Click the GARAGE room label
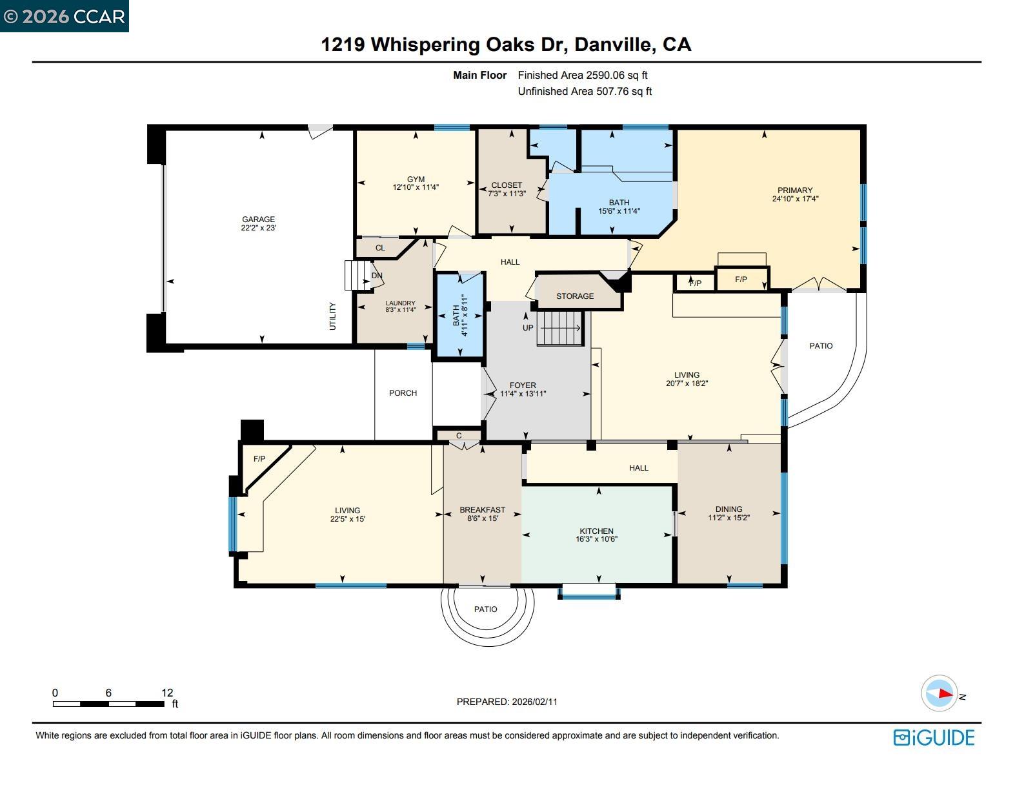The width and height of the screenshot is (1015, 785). pos(258,219)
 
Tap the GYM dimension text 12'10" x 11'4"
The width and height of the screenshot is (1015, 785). pos(416,188)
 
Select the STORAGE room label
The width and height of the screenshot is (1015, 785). pos(574,296)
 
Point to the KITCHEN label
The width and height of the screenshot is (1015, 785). pos(596,531)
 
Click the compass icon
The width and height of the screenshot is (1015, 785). pos(939,694)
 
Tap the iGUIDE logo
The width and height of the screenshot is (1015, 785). pos(934,738)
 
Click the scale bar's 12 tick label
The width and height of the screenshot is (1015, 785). pos(167,693)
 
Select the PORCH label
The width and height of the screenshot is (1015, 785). pos(403,393)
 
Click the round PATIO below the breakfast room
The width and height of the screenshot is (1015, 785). pos(486,609)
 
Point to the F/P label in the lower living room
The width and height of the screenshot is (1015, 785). pos(259,459)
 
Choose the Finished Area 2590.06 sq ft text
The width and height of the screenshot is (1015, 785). pos(583,76)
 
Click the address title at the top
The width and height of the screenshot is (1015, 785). pos(507,45)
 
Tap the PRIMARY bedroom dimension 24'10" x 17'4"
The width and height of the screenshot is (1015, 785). pos(795,199)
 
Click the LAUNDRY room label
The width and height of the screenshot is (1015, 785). pos(400,303)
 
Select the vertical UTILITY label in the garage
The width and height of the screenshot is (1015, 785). pos(333,316)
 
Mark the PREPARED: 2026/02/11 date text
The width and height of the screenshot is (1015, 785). pos(507,702)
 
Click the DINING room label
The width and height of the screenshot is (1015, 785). pos(729,509)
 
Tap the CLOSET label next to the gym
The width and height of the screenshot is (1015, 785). pos(507,185)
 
